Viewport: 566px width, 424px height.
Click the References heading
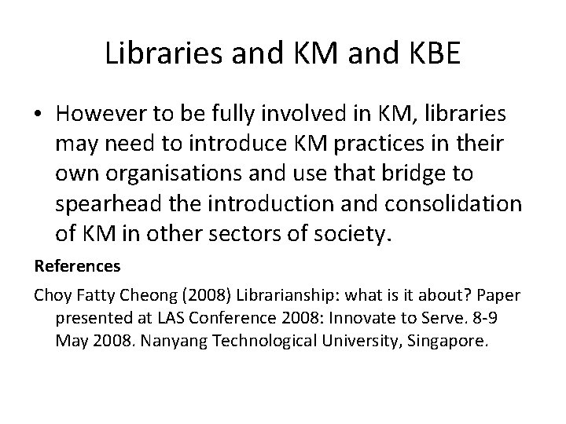(77, 267)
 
